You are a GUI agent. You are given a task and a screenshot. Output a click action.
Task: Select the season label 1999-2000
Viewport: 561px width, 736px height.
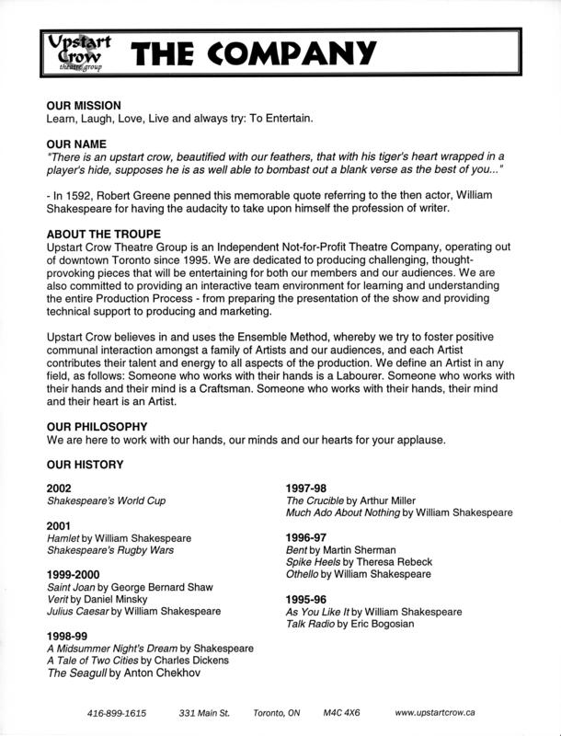pos(76,573)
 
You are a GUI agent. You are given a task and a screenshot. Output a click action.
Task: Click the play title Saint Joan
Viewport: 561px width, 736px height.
pos(74,586)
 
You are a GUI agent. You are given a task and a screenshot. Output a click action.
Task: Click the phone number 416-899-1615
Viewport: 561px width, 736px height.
pos(118,713)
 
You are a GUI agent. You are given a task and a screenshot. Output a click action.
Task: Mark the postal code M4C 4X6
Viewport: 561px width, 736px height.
pos(341,713)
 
